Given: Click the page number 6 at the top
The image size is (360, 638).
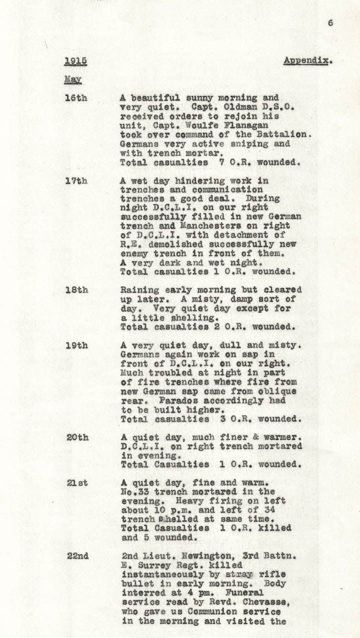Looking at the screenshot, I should (x=330, y=22).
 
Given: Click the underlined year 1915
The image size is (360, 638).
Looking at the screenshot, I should (x=75, y=61).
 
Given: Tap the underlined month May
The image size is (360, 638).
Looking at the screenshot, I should (x=72, y=79).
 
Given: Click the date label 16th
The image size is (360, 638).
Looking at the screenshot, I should (x=75, y=98).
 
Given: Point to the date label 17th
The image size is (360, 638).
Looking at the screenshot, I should (x=75, y=181).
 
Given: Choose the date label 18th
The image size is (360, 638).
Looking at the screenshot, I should (x=75, y=290).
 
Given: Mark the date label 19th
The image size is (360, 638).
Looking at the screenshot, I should (x=76, y=345).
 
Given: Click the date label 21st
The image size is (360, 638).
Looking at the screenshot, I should (x=76, y=483).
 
